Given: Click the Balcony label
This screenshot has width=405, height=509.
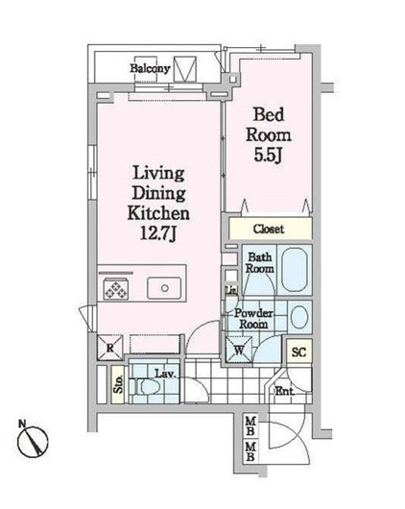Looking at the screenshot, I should [x=152, y=69].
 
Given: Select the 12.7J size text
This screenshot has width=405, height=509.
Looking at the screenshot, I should [x=158, y=231].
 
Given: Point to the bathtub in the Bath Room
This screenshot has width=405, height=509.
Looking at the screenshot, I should [x=296, y=265].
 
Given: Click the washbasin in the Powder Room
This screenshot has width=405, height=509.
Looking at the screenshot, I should [x=299, y=316].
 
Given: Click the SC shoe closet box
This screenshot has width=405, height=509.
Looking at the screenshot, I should [x=298, y=352].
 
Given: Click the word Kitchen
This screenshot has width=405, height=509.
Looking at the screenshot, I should [x=159, y=212].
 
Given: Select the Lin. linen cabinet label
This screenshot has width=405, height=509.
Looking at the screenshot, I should [x=230, y=291].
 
